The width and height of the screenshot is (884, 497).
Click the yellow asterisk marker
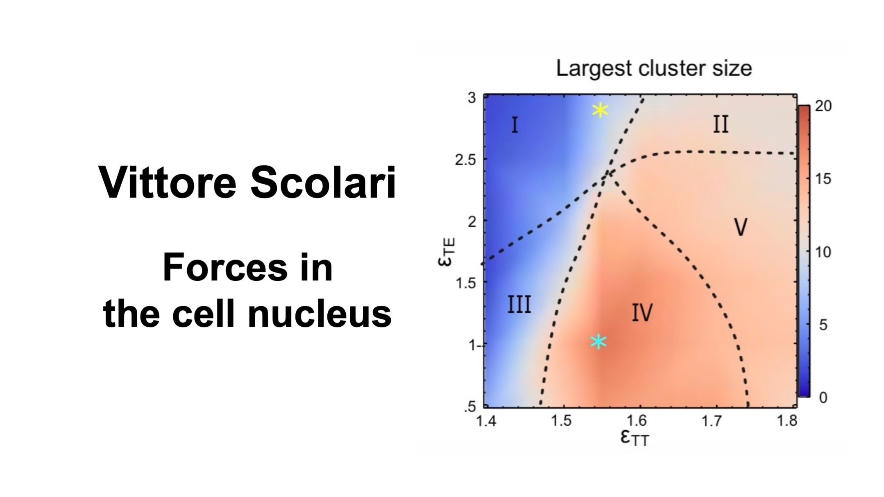point(600,110)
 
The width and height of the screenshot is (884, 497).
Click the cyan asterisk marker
point(598,341)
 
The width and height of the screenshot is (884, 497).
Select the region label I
point(515,125)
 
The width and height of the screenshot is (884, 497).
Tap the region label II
point(721,124)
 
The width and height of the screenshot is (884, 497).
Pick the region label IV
point(642,313)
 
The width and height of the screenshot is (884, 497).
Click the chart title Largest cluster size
point(654,68)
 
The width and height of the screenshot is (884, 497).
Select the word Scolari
point(324,182)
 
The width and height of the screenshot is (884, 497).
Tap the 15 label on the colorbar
point(823,179)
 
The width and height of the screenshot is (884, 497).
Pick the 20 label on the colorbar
point(823,106)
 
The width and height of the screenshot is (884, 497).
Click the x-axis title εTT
point(635,438)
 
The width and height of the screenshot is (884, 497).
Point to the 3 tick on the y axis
point(472,98)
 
